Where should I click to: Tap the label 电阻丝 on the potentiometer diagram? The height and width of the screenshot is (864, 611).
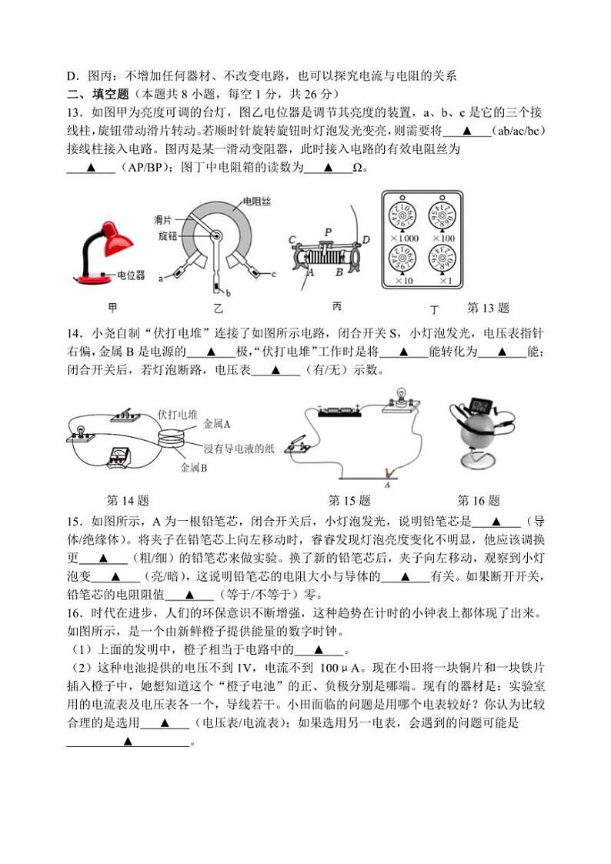[x=255, y=202]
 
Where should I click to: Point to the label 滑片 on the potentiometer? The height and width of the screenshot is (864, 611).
[x=162, y=220]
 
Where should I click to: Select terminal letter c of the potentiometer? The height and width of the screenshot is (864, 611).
[x=273, y=274]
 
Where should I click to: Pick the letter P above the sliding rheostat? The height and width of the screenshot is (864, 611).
[x=328, y=231]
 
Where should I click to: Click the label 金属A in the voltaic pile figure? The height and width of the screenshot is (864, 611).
[x=217, y=424]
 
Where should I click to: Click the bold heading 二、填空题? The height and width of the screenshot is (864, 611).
[x=95, y=94]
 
